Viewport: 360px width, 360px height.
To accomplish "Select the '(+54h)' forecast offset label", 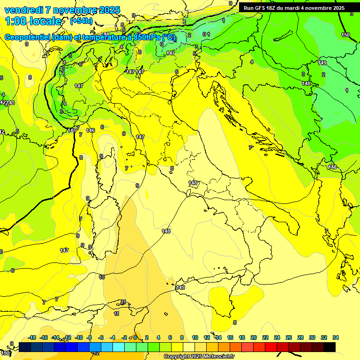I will click(x=81, y=21).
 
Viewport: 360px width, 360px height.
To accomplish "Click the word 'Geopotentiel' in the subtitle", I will click(x=28, y=37).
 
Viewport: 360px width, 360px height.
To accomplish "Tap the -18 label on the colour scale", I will click(x=32, y=337).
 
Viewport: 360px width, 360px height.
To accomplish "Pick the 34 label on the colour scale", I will click(x=336, y=337).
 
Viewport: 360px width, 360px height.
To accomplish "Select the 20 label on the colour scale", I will click(x=253, y=337).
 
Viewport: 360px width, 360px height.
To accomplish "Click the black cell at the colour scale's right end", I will click(x=330, y=347).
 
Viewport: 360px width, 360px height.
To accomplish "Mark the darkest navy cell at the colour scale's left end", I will click(x=25, y=347).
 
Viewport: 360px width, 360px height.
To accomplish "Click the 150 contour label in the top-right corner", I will click(x=345, y=35).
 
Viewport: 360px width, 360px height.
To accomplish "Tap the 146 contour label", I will click(x=91, y=130).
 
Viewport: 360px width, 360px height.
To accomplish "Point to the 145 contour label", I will click(x=71, y=130).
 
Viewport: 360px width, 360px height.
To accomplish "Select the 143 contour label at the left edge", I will click(x=10, y=103).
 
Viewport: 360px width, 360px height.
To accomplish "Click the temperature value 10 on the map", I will click(x=102, y=277).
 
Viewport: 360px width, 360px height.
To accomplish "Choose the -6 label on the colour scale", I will click(x=101, y=337).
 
